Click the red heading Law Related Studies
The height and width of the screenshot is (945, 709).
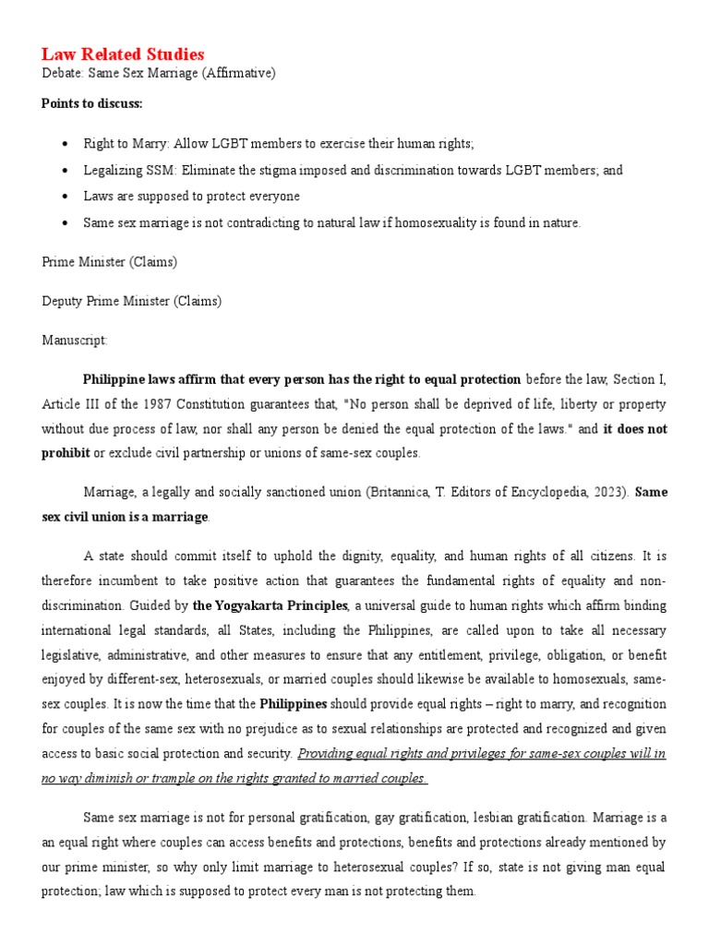123,54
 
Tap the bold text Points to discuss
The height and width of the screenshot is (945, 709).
91,103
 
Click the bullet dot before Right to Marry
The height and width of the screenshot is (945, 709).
64,145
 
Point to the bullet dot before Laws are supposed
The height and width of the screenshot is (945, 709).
64,197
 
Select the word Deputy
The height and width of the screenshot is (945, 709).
62,301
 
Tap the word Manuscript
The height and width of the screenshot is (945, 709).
74,341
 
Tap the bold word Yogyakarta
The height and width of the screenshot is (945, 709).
248,605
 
